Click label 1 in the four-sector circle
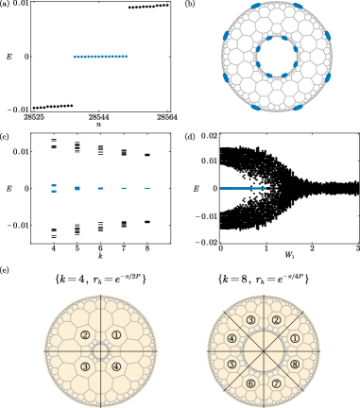pyautogui.click(x=116, y=335)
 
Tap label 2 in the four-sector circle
pyautogui.click(x=85, y=335)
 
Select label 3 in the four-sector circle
pyautogui.click(x=85, y=366)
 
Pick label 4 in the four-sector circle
pyautogui.click(x=116, y=366)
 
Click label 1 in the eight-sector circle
pyautogui.click(x=295, y=338)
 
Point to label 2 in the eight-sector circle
pyautogui.click(x=276, y=320)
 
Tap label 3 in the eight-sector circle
pyautogui.click(x=250, y=320)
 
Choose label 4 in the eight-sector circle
pyautogui.click(x=231, y=338)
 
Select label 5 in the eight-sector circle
pyautogui.click(x=231, y=365)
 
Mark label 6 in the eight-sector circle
pyautogui.click(x=250, y=383)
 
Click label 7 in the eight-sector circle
pyautogui.click(x=276, y=383)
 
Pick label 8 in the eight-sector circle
pyautogui.click(x=295, y=365)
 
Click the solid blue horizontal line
pyautogui.click(x=243, y=188)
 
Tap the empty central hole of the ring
pyautogui.click(x=276, y=57)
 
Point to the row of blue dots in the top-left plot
pyautogui.click(x=100, y=57)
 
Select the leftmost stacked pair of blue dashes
pyautogui.click(x=54, y=188)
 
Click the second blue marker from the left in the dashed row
pyautogui.click(x=77, y=188)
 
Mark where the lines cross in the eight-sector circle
pyautogui.click(x=264, y=351)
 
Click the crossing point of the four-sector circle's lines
pyautogui.click(x=101, y=351)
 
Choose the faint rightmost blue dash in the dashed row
pyautogui.click(x=147, y=188)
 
